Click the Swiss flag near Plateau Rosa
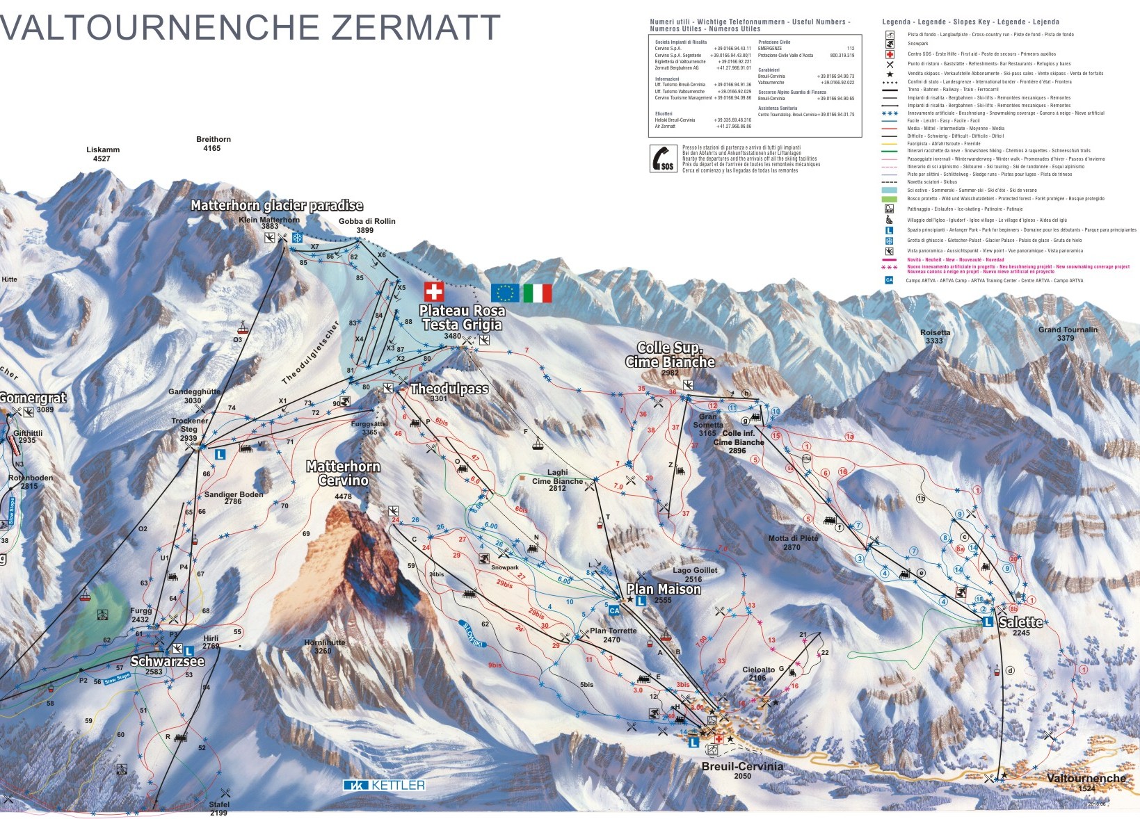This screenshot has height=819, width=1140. pyautogui.click(x=434, y=292)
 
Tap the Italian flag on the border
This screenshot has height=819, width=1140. pyautogui.click(x=537, y=293)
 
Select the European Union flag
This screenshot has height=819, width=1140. pyautogui.click(x=505, y=293)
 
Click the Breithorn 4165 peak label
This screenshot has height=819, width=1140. pyautogui.click(x=213, y=143)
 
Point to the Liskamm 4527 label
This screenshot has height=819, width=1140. pyautogui.click(x=102, y=154)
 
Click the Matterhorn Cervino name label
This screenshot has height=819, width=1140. pyautogui.click(x=344, y=473)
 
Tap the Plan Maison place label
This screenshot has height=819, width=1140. pyautogui.click(x=664, y=589)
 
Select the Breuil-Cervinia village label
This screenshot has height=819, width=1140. pyautogui.click(x=742, y=766)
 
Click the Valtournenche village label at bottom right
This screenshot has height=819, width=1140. pyautogui.click(x=1086, y=779)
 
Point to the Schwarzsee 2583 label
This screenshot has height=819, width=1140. pyautogui.click(x=167, y=661)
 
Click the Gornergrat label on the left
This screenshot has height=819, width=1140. pyautogui.click(x=33, y=398)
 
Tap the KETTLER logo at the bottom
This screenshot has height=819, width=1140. pyautogui.click(x=384, y=785)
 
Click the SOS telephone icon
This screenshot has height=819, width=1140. pyautogui.click(x=663, y=158)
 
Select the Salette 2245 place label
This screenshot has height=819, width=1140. pyautogui.click(x=1020, y=622)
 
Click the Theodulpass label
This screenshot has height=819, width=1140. pyautogui.click(x=449, y=389)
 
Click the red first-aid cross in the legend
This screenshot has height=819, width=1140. pyautogui.click(x=890, y=54)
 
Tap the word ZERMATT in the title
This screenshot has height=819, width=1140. pyautogui.click(x=415, y=28)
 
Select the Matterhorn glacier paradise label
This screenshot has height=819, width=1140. pyautogui.click(x=277, y=205)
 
